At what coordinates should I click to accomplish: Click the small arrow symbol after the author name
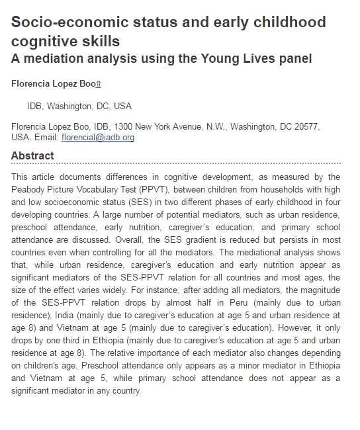(x=99, y=85)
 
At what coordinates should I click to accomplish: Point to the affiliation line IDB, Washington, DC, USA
(x=79, y=106)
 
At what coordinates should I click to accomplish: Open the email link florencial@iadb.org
(x=98, y=138)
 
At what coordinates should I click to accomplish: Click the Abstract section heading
(x=32, y=156)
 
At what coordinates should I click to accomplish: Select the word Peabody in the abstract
(x=30, y=188)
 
